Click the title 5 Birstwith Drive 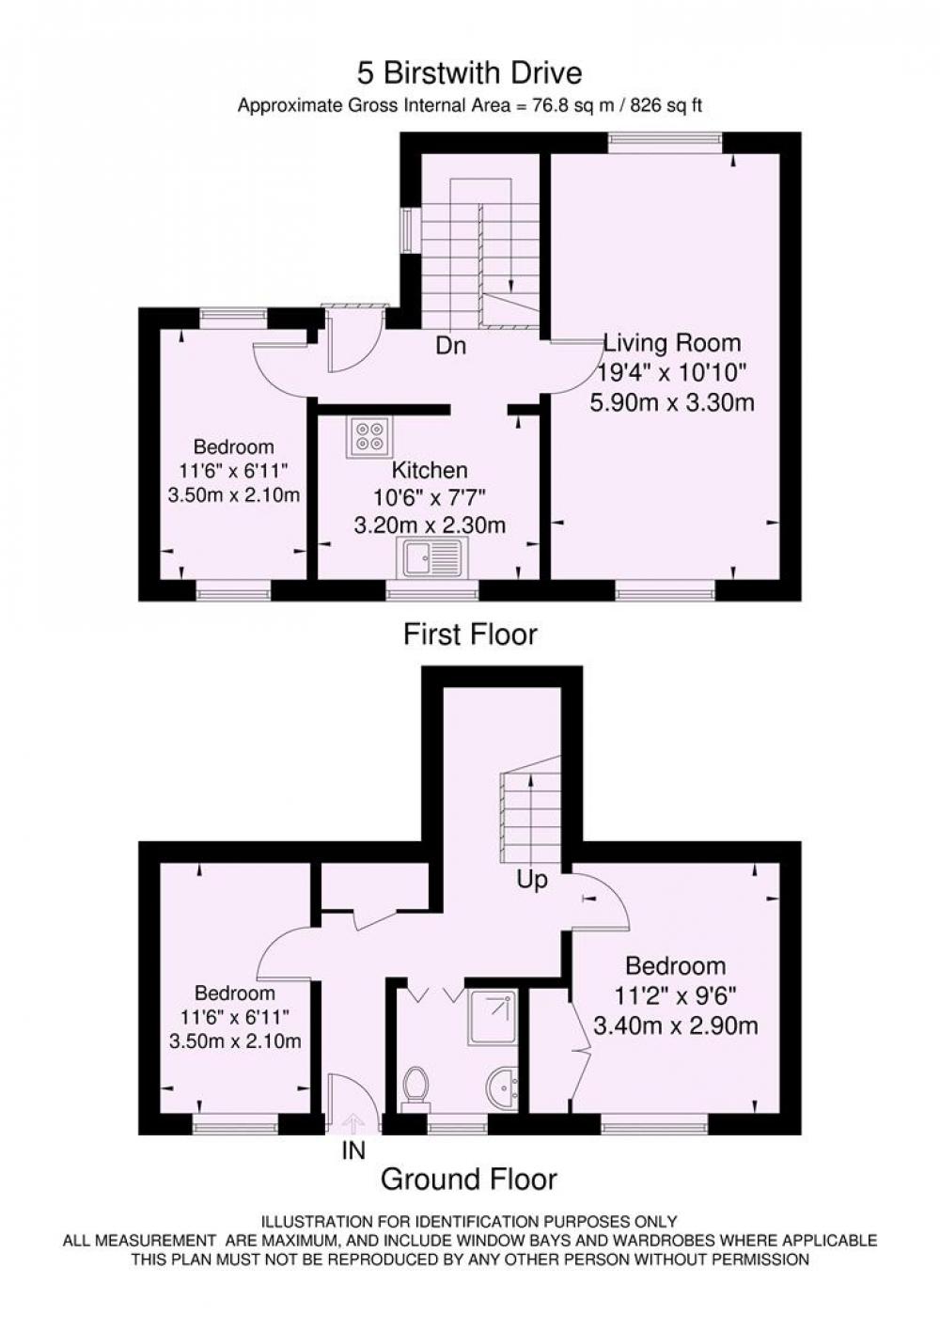point(469,74)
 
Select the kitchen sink point(432,557)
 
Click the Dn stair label point(450,346)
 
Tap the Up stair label point(531,880)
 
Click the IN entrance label point(353,1150)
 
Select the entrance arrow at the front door point(353,1121)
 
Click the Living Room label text point(672,343)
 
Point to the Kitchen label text point(430,470)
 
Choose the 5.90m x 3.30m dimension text point(671,403)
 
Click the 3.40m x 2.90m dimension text point(676,1025)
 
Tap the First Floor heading point(470,634)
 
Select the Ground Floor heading point(469,1179)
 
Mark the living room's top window point(666,143)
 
